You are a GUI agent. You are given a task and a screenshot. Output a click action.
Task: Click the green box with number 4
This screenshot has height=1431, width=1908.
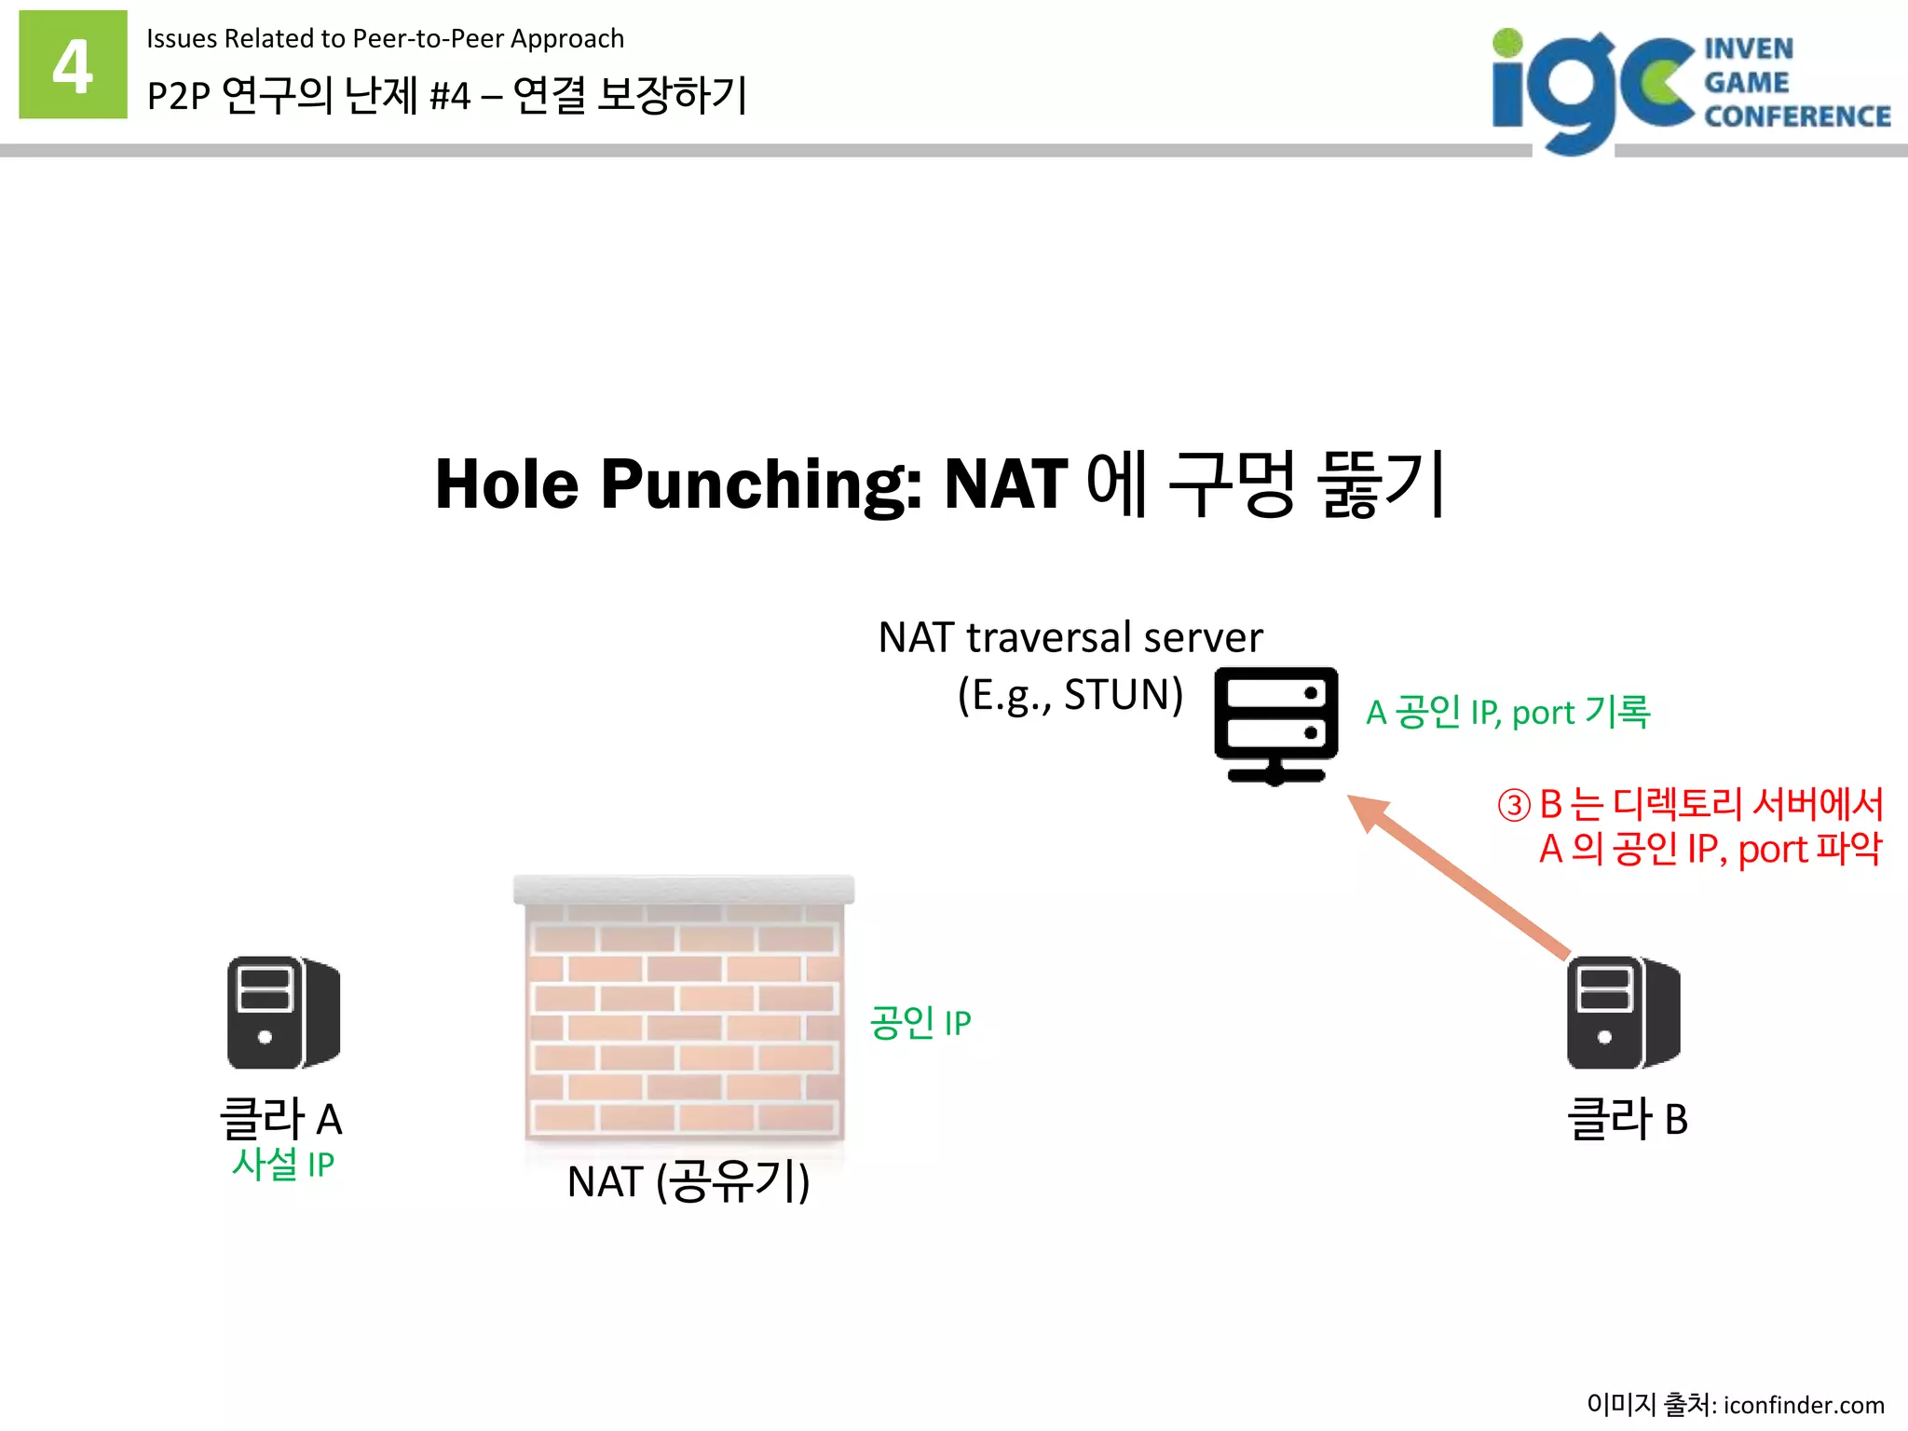pyautogui.click(x=73, y=64)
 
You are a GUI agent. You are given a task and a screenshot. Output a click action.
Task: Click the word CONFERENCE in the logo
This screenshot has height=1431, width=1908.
pyautogui.click(x=1797, y=116)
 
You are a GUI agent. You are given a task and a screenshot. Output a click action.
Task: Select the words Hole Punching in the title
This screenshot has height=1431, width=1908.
pyautogui.click(x=678, y=484)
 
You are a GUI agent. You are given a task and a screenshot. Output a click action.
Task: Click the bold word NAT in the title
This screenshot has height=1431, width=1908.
pyautogui.click(x=1005, y=484)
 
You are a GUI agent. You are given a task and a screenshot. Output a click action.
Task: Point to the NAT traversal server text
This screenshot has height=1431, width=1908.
pyautogui.click(x=1070, y=638)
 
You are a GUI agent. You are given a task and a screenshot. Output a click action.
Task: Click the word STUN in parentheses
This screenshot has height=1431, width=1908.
pyautogui.click(x=1116, y=695)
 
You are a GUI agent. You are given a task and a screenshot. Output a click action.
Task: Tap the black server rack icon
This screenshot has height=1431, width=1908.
pyautogui.click(x=1275, y=726)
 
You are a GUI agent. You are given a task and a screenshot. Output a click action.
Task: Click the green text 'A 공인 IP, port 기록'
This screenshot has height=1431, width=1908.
pyautogui.click(x=1507, y=713)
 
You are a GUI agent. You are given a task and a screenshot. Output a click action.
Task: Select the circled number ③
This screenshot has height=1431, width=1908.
pyautogui.click(x=1514, y=805)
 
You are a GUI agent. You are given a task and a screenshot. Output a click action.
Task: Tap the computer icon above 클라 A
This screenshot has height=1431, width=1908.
pyautogui.click(x=283, y=1013)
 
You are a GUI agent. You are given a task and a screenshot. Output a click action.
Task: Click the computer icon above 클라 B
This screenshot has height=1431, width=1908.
pyautogui.click(x=1623, y=1013)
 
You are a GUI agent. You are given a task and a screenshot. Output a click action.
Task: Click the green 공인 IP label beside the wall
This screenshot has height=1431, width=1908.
pyautogui.click(x=920, y=1023)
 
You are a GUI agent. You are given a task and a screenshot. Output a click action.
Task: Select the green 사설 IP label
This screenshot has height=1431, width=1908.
pyautogui.click(x=282, y=1165)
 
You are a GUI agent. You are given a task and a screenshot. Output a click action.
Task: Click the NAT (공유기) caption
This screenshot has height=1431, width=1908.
pyautogui.click(x=688, y=1181)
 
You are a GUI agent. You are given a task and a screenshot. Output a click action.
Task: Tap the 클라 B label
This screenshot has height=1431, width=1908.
pyautogui.click(x=1627, y=1119)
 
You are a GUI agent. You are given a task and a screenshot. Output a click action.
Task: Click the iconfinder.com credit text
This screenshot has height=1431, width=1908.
pyautogui.click(x=1803, y=1404)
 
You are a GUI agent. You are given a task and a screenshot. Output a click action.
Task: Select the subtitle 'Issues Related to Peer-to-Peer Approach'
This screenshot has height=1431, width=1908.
pyautogui.click(x=385, y=39)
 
